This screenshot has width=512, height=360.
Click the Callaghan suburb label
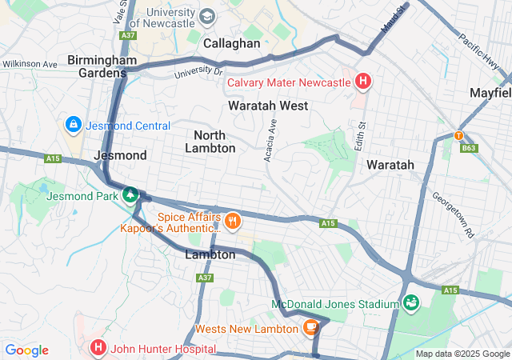click(x=232, y=43)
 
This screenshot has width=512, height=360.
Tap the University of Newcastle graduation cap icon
click(x=207, y=17)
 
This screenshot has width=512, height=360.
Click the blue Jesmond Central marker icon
click(x=73, y=125)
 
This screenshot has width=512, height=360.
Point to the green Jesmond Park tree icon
click(x=130, y=194)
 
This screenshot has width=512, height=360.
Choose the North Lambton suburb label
click(x=210, y=141)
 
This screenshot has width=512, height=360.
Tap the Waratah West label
click(x=267, y=106)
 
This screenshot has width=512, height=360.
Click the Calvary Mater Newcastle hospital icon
click(x=363, y=82)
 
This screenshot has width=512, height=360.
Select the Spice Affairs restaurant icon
click(x=232, y=221)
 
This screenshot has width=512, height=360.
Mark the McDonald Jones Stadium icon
click(x=411, y=303)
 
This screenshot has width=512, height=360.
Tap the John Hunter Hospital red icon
click(x=98, y=348)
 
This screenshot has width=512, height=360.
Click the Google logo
click(x=26, y=350)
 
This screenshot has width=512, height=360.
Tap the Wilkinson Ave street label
click(x=30, y=64)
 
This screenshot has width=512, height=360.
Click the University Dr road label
click(x=198, y=73)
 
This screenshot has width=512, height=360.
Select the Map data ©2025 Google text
click(x=462, y=354)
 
